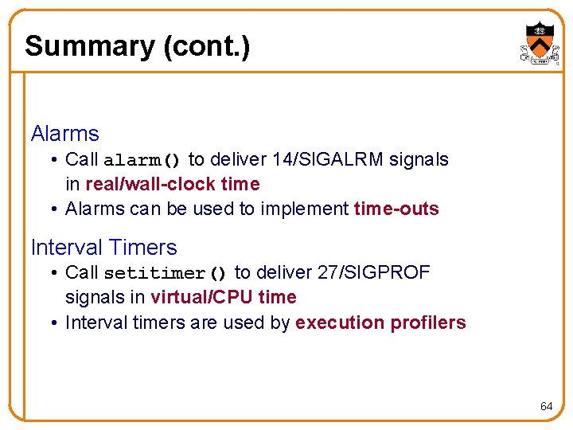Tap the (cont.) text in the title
point(206,46)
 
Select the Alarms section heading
point(64,134)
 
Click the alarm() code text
point(142,160)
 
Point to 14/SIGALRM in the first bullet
point(327,159)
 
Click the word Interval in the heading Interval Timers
point(66,248)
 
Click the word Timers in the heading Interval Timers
point(142,248)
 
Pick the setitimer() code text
point(166,273)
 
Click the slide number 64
point(546,406)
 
